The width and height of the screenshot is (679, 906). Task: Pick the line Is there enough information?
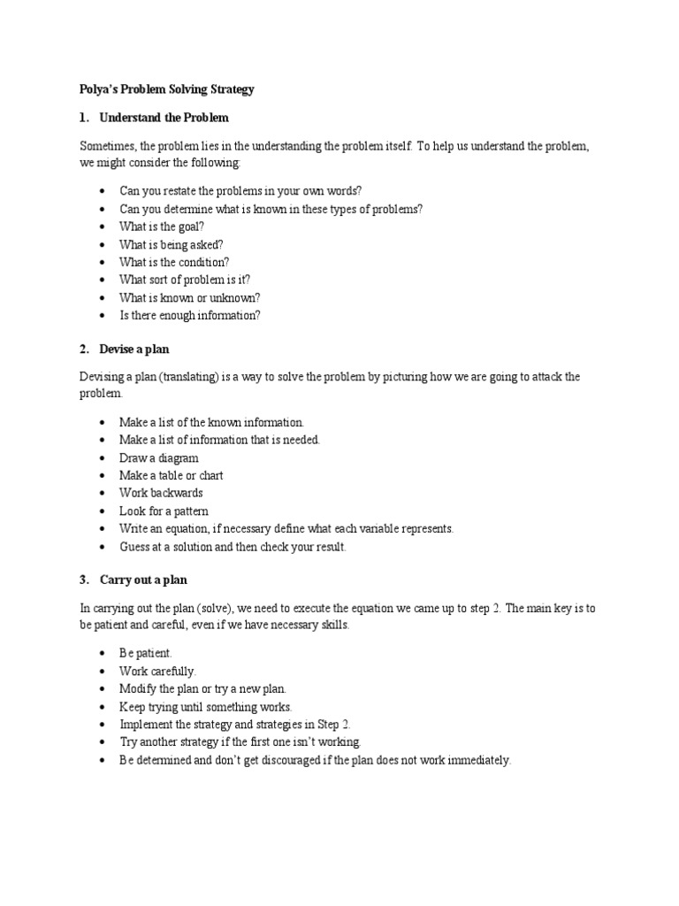coord(190,315)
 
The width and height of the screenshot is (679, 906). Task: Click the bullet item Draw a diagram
coord(159,458)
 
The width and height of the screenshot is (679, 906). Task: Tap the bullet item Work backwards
coord(161,493)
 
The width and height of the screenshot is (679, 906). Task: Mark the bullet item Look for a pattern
coord(164,511)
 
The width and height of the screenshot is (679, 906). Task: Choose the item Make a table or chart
coord(172,475)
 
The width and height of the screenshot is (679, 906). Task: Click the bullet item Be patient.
coord(146,654)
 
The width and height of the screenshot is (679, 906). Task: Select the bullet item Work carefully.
coord(158,672)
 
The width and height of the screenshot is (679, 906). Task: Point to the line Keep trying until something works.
coord(205,707)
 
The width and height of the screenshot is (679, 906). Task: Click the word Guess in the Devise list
coord(135,547)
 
